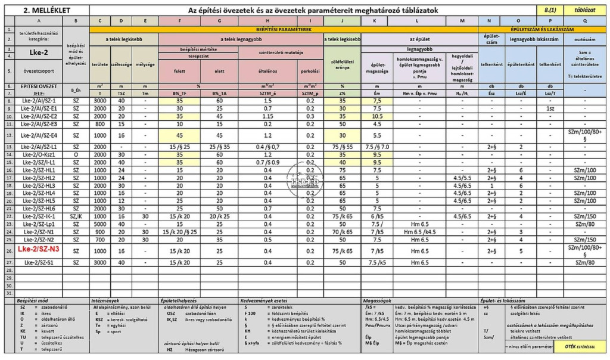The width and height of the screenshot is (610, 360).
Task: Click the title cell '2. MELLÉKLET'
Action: [45, 10]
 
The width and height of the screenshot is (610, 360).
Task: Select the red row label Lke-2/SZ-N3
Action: [38, 249]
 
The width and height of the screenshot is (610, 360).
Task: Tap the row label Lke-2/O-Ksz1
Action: [39, 154]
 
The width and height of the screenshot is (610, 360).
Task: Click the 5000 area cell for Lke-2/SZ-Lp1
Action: [100, 224]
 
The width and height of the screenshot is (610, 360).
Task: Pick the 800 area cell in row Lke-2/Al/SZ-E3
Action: [100, 124]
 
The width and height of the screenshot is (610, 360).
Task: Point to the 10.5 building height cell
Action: [376, 116]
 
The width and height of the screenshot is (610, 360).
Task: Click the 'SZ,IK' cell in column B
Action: [76, 216]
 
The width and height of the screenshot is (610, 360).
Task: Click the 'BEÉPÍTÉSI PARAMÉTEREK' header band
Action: [284, 29]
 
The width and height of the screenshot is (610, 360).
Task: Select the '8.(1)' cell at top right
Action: [550, 10]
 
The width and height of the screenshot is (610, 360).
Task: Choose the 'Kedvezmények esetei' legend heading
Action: [264, 301]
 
